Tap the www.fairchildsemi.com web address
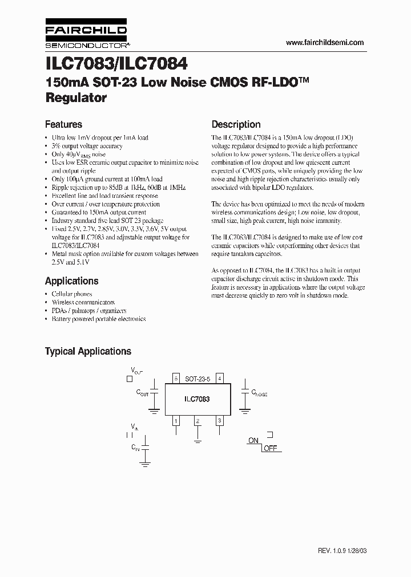pyautogui.click(x=324, y=43)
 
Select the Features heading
pyautogui.click(x=63, y=124)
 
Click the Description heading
pyautogui.click(x=236, y=124)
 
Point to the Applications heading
pyautogui.click(x=71, y=281)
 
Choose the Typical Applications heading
pyautogui.click(x=88, y=351)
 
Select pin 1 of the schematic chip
pyautogui.click(x=176, y=421)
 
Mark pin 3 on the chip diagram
pyautogui.click(x=219, y=421)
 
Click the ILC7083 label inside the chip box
pyautogui.click(x=198, y=399)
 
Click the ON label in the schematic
pyautogui.click(x=253, y=441)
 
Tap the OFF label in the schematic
pyautogui.click(x=270, y=448)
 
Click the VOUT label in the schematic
pyautogui.click(x=136, y=371)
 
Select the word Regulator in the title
pyautogui.click(x=76, y=97)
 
